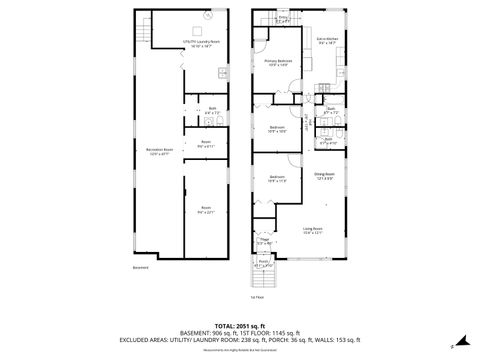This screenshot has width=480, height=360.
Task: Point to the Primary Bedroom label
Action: pyautogui.click(x=278, y=62)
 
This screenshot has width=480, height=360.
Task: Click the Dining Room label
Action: pyautogui.click(x=324, y=175)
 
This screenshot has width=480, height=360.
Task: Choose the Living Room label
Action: pyautogui.click(x=312, y=230)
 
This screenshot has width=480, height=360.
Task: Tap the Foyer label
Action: pyautogui.click(x=265, y=241)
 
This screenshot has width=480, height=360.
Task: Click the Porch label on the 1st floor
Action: pyautogui.click(x=264, y=264)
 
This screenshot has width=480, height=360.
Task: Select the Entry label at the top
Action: pyautogui.click(x=283, y=18)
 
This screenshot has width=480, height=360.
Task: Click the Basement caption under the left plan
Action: pyautogui.click(x=141, y=267)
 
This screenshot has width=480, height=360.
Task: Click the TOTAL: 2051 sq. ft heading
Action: pyautogui.click(x=239, y=326)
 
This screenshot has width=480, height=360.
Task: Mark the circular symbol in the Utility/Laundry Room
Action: pyautogui.click(x=208, y=16)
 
